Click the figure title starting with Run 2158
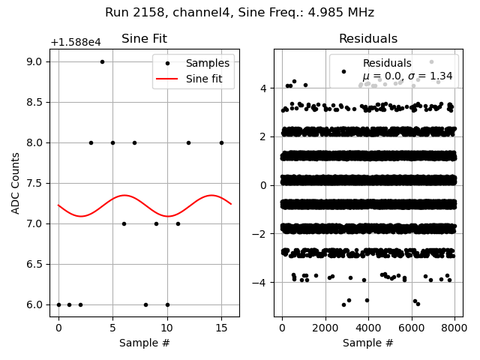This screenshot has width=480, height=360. pos(239,13)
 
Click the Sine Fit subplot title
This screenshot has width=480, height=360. pos(144,39)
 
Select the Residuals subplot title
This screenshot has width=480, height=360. pos(367,39)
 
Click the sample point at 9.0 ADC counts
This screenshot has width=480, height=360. pos(102,61)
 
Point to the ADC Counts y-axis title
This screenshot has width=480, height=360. pos(16,183)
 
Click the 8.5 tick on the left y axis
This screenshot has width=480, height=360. pos(34,102)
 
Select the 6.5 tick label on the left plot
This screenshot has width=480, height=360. pos(34,264)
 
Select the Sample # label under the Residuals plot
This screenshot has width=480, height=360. pos(367,343)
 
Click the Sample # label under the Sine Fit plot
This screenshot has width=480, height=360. pos(144,343)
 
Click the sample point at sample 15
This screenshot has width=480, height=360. pos(221,142)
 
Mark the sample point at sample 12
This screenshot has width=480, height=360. pos(188,142)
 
